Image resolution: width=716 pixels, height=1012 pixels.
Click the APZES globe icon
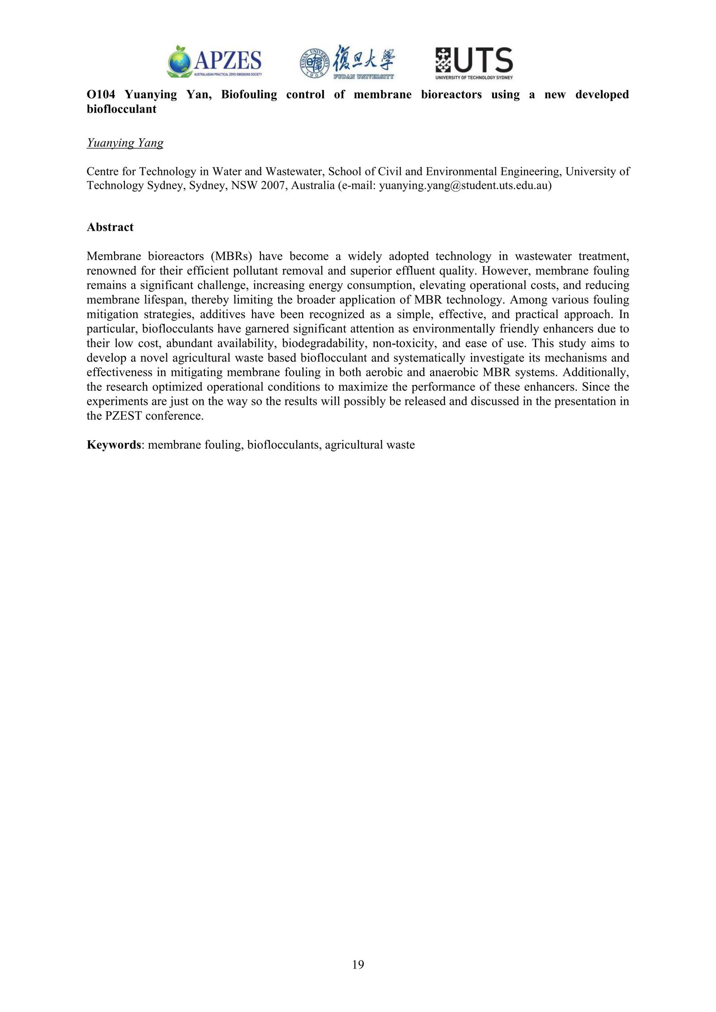(179, 61)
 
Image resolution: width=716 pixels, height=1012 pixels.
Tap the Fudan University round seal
(315, 63)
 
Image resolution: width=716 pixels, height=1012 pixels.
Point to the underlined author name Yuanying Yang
(125, 143)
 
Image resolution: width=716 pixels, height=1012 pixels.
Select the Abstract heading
(110, 227)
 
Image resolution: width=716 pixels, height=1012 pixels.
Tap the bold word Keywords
(114, 445)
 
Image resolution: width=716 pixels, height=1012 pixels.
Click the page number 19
(358, 965)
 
